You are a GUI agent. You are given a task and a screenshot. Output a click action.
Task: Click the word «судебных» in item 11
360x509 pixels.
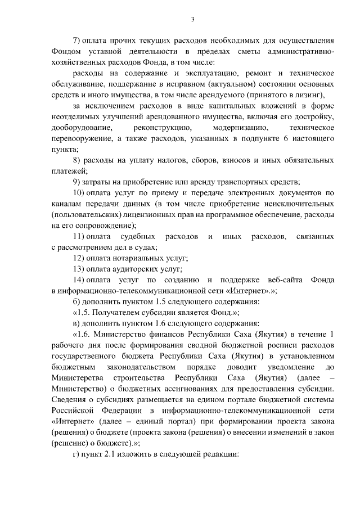139,236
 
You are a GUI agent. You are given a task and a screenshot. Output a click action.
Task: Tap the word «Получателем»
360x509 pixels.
122,311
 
